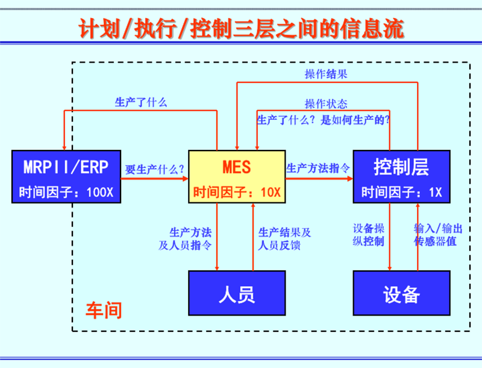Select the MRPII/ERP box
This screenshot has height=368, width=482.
[66, 176]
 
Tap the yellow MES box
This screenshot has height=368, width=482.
[236, 176]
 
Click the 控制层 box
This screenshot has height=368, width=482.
[401, 176]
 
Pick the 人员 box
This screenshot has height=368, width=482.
[236, 293]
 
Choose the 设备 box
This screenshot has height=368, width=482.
[401, 293]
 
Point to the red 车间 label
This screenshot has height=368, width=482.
[103, 310]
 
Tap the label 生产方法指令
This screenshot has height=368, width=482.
[319, 168]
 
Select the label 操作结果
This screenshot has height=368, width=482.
[326, 74]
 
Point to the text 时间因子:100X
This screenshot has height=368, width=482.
[66, 193]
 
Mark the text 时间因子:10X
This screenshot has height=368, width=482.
[236, 193]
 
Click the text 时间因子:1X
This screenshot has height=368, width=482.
[401, 193]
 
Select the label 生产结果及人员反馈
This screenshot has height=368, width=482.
[284, 239]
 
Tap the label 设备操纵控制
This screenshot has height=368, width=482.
[369, 235]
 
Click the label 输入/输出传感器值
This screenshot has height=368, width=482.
[438, 235]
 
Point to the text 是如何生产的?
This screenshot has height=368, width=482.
[355, 119]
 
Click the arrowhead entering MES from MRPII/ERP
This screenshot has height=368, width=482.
[185, 178]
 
